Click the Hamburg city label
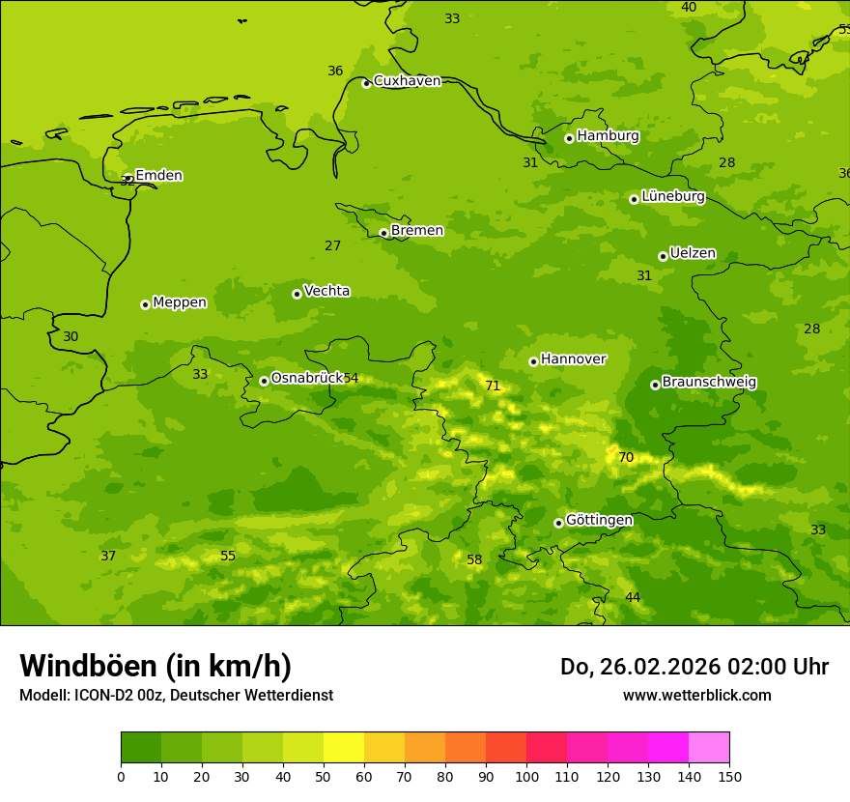(608, 136)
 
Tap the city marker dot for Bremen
(383, 233)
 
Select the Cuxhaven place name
(407, 81)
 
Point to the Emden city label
(158, 176)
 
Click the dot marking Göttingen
(558, 523)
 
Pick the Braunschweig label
(709, 383)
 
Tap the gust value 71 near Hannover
(493, 387)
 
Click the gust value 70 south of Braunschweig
(626, 458)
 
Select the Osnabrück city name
(306, 378)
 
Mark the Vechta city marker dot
(297, 294)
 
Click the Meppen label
(180, 302)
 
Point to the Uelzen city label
(693, 254)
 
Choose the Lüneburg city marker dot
(634, 199)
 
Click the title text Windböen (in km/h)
(156, 666)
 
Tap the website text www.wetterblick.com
(696, 696)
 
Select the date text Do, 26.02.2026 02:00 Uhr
(694, 667)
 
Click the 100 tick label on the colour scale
(526, 777)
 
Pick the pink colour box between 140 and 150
(709, 748)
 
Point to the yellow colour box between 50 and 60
(344, 748)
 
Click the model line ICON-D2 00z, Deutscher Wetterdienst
(176, 696)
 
